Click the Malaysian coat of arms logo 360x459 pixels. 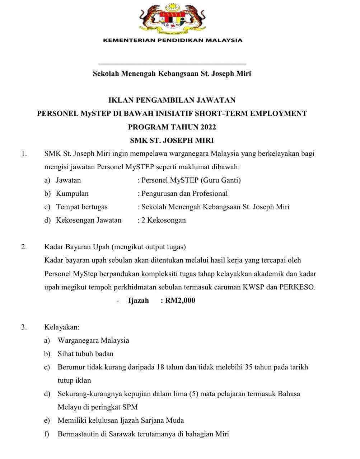173,18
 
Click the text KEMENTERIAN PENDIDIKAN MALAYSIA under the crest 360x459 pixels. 173,40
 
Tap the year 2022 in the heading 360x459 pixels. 208,127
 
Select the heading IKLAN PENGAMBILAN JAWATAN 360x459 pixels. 172,100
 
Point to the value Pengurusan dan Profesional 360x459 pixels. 184,194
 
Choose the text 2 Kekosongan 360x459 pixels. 164,220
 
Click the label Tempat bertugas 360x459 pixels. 82,207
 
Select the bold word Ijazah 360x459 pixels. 139,301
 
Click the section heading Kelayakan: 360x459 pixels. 62,327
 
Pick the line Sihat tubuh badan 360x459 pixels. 85,354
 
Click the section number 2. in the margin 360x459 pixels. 24,247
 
